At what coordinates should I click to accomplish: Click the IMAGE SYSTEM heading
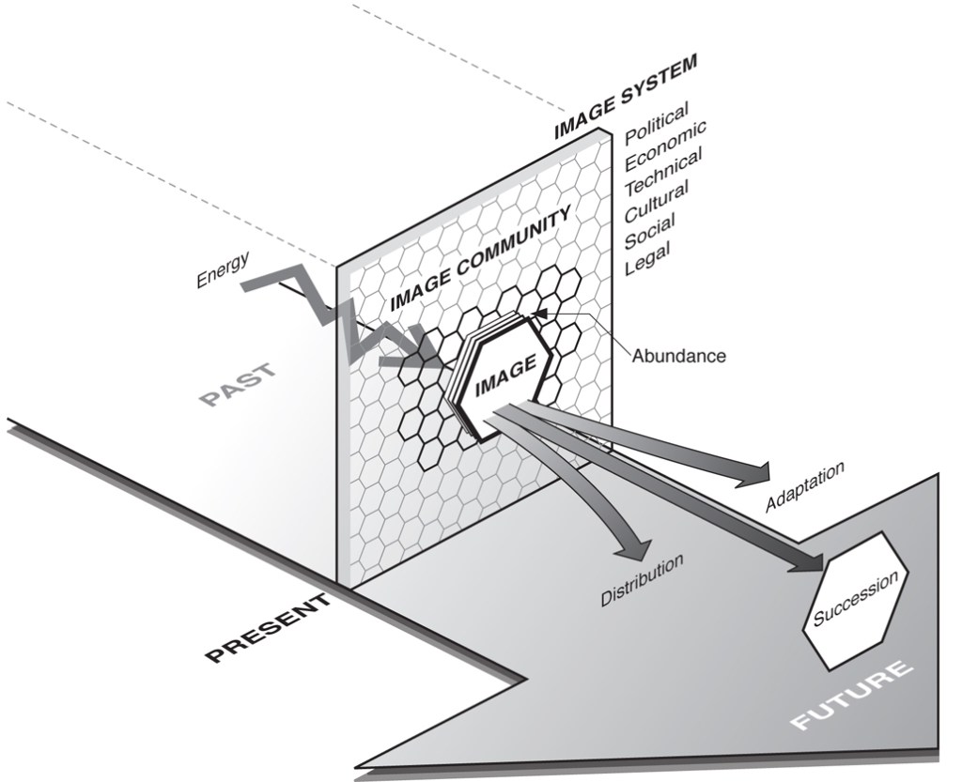(625, 96)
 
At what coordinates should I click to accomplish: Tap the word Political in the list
(657, 123)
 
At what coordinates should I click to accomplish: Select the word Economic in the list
(665, 145)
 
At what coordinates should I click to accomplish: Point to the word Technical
(663, 171)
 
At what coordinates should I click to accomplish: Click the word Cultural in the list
(657, 199)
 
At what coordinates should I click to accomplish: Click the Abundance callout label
(678, 356)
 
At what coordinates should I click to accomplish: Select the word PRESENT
(269, 630)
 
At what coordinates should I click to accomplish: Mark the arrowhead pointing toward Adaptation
(754, 475)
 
